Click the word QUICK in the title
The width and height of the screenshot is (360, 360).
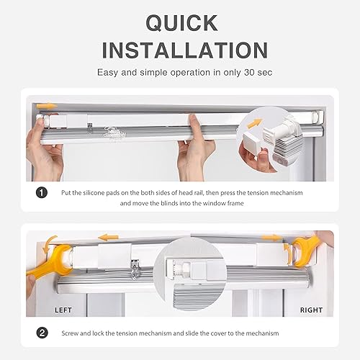[x=181, y=23]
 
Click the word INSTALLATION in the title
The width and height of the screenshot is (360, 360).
[x=185, y=50]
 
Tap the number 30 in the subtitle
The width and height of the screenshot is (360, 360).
[x=249, y=72]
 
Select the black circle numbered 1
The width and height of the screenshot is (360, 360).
[x=42, y=192]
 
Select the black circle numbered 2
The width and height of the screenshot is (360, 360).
[x=42, y=333]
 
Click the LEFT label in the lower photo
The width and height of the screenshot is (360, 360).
[x=63, y=310]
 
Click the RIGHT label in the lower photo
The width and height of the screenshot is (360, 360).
[x=311, y=310]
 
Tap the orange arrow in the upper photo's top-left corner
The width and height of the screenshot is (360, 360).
[x=47, y=106]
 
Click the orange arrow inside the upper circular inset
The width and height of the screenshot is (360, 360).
[x=255, y=123]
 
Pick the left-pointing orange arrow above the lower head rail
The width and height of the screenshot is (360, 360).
[x=108, y=238]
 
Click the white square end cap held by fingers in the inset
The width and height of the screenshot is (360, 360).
[x=251, y=144]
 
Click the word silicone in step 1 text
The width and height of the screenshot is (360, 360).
[x=94, y=193]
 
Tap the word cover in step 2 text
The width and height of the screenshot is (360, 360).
[x=218, y=333]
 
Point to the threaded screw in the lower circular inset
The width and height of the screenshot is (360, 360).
[x=179, y=269]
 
